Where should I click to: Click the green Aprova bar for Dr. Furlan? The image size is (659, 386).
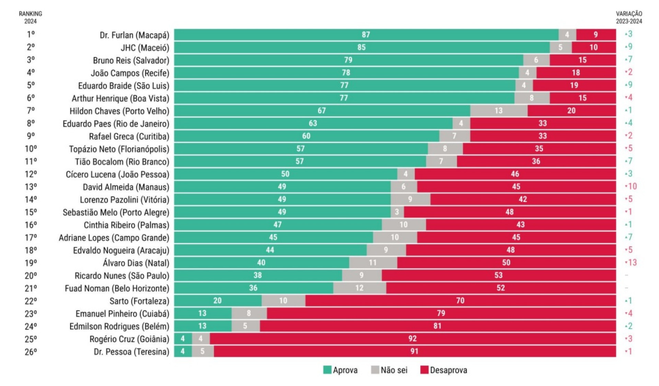[x=366, y=35]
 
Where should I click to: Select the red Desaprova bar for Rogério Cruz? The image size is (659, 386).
[x=413, y=339]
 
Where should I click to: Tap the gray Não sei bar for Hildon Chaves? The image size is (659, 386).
[x=499, y=111]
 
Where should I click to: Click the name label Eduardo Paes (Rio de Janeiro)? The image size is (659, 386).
[x=116, y=124]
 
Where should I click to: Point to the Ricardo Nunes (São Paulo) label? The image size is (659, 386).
[x=122, y=276]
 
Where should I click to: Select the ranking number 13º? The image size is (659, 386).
[x=31, y=187]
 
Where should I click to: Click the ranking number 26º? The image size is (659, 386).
[x=31, y=352]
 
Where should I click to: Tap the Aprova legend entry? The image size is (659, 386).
[x=340, y=370]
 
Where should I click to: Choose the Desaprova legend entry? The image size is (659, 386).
[x=444, y=370]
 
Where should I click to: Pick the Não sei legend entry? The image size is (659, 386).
[x=390, y=370]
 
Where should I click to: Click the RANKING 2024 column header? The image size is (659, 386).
[x=30, y=17]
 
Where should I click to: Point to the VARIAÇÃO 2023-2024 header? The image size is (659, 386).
[x=629, y=17]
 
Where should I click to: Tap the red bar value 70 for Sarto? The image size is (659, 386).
[x=460, y=301]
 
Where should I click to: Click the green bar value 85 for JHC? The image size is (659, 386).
[x=361, y=47]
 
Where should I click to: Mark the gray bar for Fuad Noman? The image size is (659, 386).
[x=359, y=288]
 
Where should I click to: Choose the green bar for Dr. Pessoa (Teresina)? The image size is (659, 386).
[x=183, y=351]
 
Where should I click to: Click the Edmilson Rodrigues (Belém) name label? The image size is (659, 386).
[x=119, y=326]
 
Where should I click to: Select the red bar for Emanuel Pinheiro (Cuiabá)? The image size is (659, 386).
[x=441, y=314]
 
